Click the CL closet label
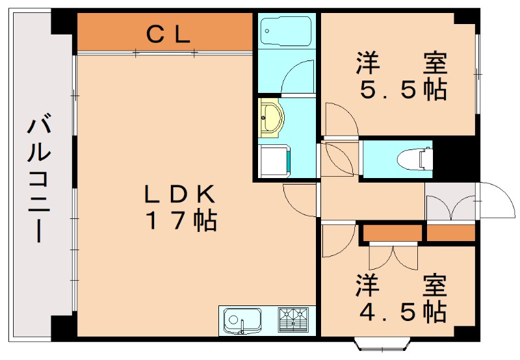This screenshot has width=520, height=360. [168, 33]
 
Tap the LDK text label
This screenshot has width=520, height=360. [179, 194]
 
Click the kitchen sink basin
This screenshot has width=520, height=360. [241, 320]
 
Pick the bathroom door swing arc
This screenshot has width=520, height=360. [298, 77]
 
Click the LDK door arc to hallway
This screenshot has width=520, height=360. [300, 199]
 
